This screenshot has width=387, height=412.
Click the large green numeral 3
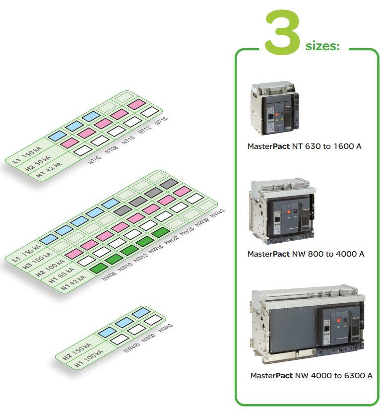pos(282,31)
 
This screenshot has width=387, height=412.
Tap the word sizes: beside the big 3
pos(322,46)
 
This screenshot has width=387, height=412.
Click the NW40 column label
pos(218,214)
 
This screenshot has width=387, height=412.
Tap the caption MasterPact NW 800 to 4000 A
pos(306,254)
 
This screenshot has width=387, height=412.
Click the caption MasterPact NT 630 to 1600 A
pos(304,147)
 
